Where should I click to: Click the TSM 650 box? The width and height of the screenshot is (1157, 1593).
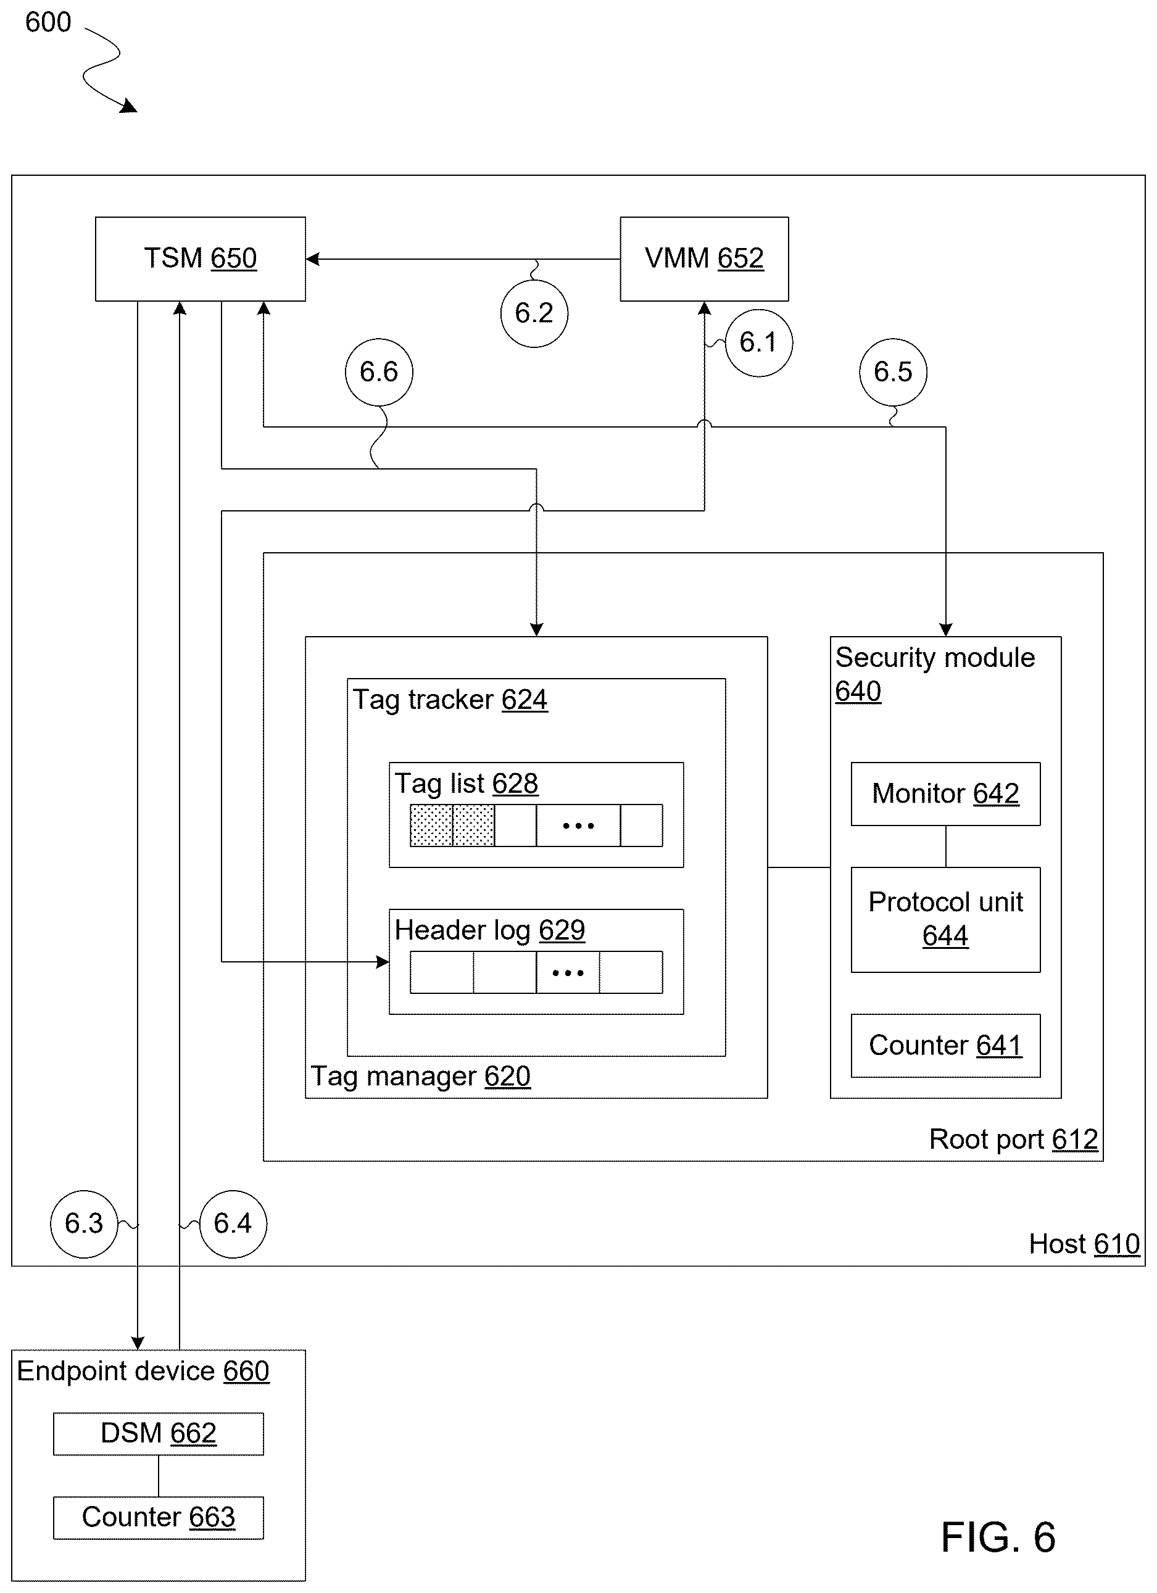tap(200, 259)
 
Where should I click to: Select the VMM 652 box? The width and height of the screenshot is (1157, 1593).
tap(704, 259)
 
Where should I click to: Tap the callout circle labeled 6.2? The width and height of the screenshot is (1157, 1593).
tap(534, 313)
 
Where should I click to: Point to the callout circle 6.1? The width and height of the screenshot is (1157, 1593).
tap(759, 343)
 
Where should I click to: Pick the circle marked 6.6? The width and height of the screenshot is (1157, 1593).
tap(379, 372)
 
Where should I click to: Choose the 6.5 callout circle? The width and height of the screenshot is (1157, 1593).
tap(893, 372)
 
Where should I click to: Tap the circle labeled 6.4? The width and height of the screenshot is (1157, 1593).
tap(233, 1223)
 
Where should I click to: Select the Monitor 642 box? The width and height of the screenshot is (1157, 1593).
tap(945, 793)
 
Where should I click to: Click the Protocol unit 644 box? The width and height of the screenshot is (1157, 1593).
tap(945, 919)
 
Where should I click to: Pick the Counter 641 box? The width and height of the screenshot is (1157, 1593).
tap(945, 1045)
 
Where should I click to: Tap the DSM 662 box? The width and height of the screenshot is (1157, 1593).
tap(158, 1434)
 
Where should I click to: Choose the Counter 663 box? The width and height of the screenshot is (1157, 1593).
tap(158, 1518)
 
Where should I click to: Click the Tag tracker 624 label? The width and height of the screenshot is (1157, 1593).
tap(450, 700)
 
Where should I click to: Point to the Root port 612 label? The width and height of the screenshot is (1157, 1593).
tap(1013, 1140)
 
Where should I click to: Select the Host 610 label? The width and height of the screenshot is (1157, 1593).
tap(1084, 1244)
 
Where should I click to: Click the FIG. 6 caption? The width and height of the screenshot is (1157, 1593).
tap(998, 1537)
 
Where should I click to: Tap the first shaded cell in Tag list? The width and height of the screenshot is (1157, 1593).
tap(431, 825)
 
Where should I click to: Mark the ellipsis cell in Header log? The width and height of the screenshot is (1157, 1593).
tap(568, 972)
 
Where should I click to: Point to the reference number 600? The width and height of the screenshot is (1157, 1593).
tap(48, 22)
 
